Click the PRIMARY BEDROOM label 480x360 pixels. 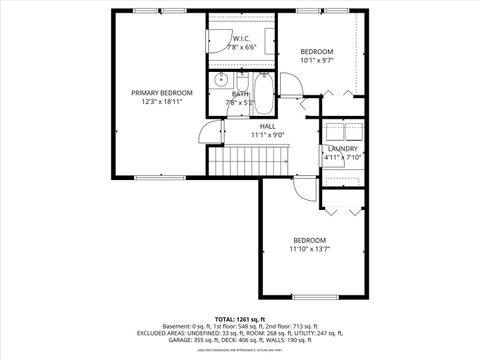(x=161, y=92)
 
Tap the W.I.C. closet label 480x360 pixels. (x=241, y=39)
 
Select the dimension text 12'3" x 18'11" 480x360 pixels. (x=161, y=101)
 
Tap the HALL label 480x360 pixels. (x=268, y=126)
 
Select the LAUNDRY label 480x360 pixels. (x=343, y=148)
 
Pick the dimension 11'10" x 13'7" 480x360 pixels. (x=309, y=249)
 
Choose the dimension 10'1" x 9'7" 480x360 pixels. (x=317, y=60)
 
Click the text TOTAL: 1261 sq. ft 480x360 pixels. (x=240, y=319)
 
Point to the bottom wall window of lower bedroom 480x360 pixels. (x=309, y=297)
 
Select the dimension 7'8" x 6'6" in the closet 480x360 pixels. (x=241, y=47)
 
